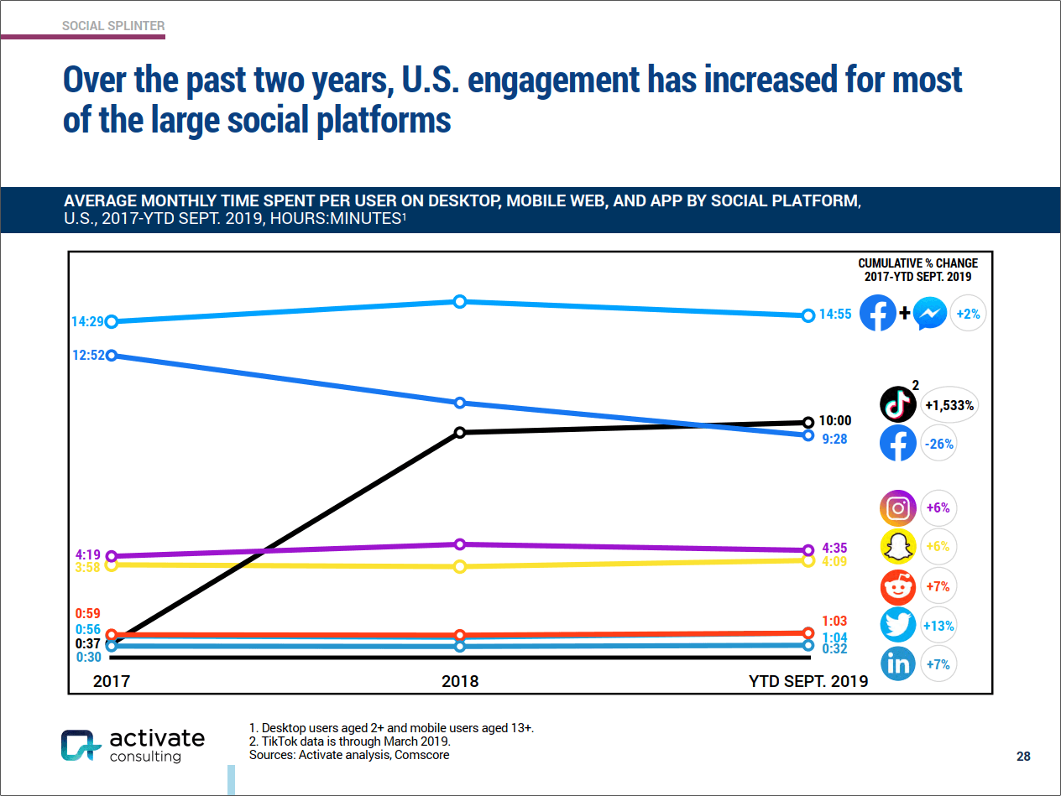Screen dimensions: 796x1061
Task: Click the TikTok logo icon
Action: click(897, 404)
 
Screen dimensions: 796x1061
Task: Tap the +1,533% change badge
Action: click(949, 405)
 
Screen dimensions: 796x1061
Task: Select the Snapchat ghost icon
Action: click(897, 547)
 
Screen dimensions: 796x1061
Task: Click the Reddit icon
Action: click(897, 586)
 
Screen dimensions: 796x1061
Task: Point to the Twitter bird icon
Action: click(897, 626)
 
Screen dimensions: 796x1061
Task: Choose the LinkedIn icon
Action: click(897, 664)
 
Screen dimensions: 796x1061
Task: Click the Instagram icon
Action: click(897, 507)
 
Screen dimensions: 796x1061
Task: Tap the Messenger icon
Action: click(930, 315)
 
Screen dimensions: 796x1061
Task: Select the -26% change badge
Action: click(938, 444)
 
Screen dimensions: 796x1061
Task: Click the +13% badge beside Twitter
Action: click(938, 626)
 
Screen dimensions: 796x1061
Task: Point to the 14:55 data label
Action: click(836, 315)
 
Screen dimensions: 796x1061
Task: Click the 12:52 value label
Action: click(88, 355)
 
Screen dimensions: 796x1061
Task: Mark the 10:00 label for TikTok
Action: click(836, 421)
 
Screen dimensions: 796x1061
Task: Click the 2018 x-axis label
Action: click(460, 681)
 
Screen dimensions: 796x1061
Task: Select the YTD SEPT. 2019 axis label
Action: click(808, 681)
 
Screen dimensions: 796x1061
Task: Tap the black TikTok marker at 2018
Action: click(460, 432)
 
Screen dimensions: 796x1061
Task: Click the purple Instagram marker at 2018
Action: click(460, 544)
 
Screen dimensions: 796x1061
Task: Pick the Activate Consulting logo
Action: click(133, 745)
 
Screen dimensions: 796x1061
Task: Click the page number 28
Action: click(1023, 757)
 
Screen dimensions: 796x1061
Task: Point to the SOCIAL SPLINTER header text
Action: click(113, 26)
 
